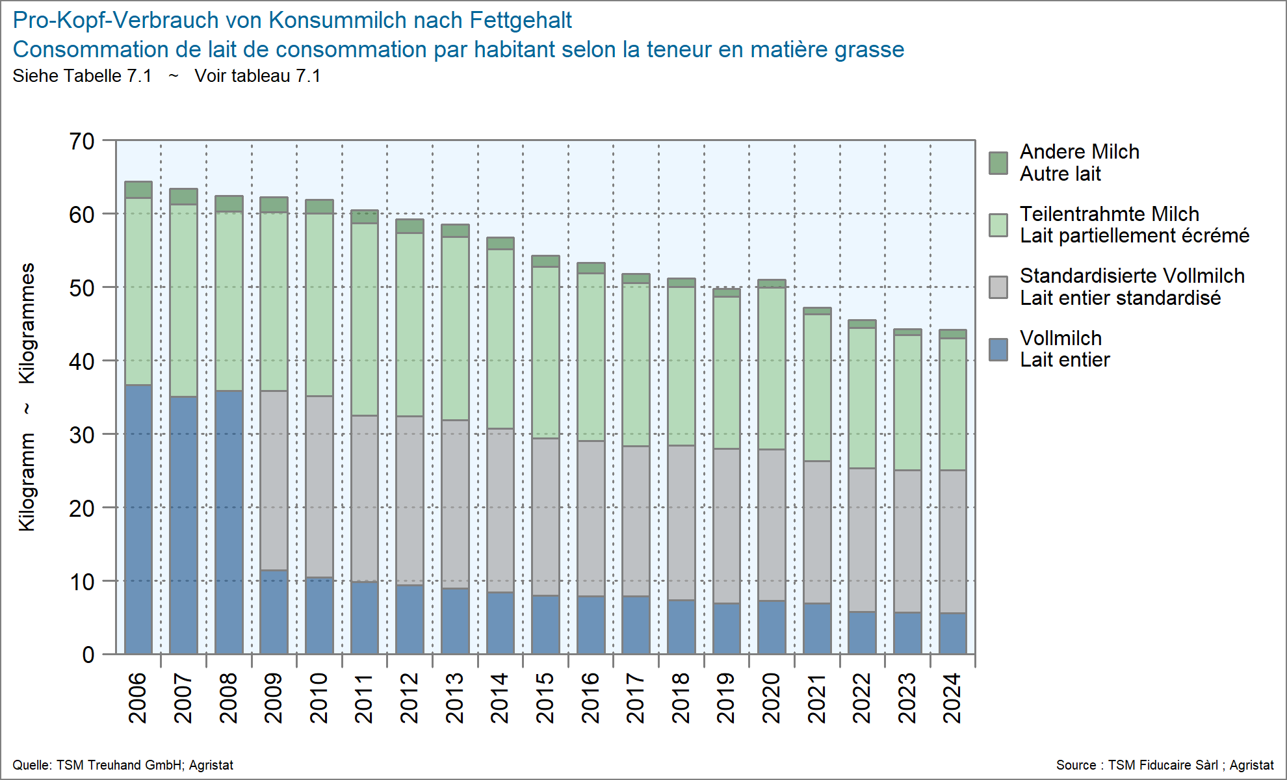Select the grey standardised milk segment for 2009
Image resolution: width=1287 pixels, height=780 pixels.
274,480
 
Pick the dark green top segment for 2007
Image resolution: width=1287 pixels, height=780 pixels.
183,196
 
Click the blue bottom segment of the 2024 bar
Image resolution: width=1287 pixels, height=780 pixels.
952,633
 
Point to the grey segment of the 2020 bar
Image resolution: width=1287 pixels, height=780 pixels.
772,525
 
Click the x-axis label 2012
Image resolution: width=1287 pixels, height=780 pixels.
409,698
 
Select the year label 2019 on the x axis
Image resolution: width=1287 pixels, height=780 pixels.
726,698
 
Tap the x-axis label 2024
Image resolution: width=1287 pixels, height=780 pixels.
952,698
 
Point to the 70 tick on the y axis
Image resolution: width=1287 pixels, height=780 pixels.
83,141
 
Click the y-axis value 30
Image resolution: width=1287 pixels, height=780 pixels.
83,435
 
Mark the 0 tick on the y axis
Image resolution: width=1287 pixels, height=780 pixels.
88,655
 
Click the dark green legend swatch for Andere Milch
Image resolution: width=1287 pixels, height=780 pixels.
998,163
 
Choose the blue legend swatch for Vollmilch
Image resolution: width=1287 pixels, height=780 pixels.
998,350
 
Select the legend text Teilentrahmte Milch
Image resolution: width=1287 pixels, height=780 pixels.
1109,214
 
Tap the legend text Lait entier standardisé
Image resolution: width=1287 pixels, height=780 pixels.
1120,298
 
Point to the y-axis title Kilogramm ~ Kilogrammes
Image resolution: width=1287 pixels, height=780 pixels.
27,396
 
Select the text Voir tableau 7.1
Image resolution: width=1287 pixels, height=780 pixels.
257,76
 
